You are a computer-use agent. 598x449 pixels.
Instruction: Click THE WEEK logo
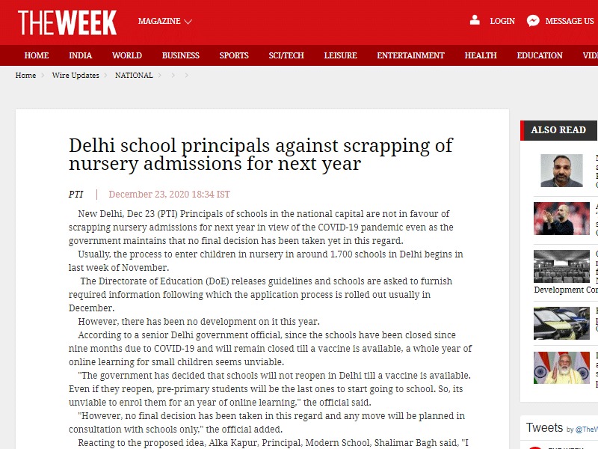[67, 22]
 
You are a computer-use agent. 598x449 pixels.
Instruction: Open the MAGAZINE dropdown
[164, 22]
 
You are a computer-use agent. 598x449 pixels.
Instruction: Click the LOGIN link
[502, 21]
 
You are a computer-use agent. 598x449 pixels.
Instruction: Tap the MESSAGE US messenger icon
[533, 21]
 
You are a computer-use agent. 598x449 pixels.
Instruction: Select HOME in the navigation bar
[37, 55]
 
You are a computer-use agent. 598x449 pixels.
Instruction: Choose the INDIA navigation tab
[81, 55]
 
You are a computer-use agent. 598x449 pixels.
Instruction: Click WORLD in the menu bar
[127, 55]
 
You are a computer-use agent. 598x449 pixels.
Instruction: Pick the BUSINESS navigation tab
[181, 55]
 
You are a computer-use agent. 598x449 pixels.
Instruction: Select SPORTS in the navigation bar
[234, 55]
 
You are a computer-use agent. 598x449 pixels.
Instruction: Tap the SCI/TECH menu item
[286, 55]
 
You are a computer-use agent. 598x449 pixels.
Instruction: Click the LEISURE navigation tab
[340, 55]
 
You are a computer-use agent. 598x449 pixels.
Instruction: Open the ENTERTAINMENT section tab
[410, 55]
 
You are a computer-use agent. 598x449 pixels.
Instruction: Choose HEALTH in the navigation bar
[481, 55]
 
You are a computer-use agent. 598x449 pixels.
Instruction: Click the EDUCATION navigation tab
[540, 55]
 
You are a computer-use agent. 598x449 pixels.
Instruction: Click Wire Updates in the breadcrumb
[75, 76]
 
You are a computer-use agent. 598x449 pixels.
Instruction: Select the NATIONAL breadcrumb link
[134, 76]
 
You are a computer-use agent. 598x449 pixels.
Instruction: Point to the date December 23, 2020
[169, 195]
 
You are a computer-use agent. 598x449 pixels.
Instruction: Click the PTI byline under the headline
[76, 195]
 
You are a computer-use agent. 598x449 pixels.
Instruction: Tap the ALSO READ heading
[558, 130]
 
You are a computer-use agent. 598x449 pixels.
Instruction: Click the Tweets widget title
[544, 428]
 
